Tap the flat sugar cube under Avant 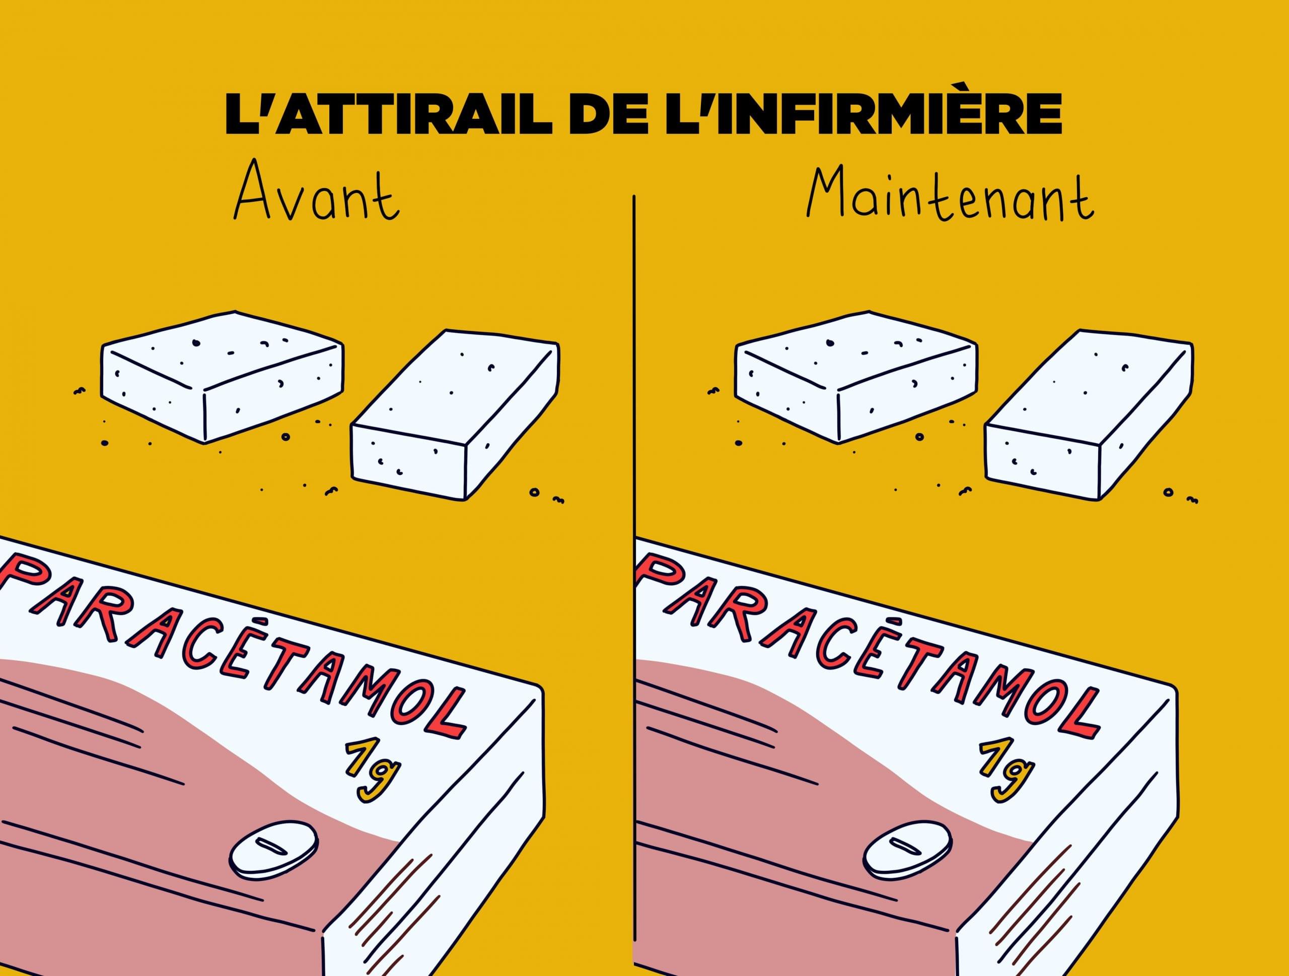pyautogui.click(x=222, y=376)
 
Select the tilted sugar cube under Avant pyautogui.click(x=455, y=414)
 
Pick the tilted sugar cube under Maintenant pyautogui.click(x=1089, y=414)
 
